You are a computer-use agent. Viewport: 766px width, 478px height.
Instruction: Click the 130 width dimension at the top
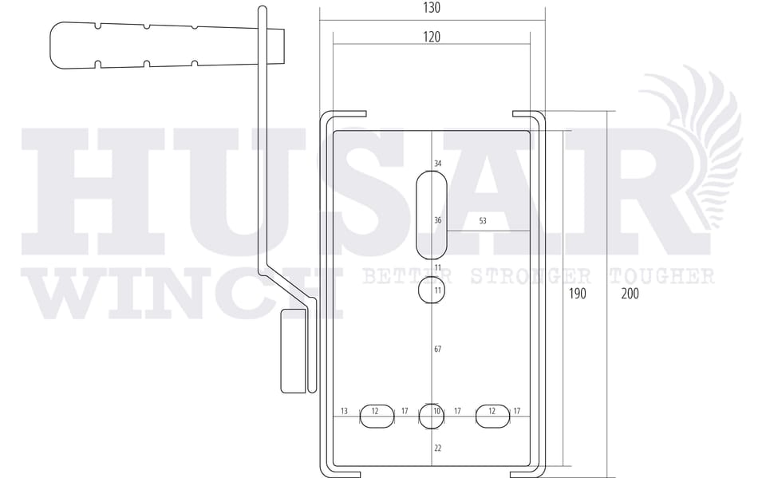432,8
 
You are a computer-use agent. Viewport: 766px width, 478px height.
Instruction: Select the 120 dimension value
432,38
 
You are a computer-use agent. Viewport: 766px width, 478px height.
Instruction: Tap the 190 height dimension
578,294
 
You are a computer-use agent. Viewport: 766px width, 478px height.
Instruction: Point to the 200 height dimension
630,294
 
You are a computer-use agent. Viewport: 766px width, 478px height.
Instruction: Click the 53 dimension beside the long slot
483,221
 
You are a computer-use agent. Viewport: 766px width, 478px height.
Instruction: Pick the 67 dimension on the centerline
438,349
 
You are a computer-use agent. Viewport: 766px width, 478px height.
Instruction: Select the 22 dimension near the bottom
438,448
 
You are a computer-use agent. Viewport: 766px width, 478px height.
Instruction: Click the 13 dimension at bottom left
344,411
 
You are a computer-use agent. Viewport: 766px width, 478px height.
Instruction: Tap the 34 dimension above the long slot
438,164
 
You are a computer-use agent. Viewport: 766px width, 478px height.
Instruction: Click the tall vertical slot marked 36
432,215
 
